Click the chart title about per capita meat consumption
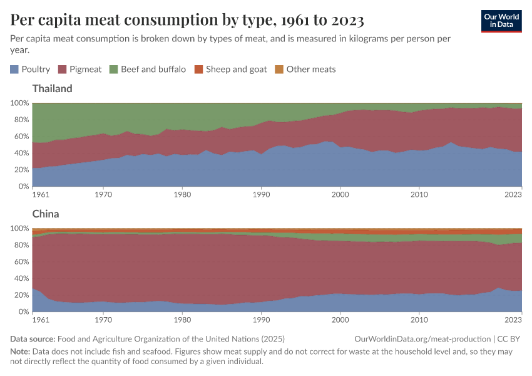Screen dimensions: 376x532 click(x=187, y=20)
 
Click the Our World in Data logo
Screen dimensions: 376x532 click(x=501, y=20)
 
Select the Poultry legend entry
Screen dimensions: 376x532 click(x=30, y=70)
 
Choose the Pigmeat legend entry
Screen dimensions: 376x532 click(x=80, y=70)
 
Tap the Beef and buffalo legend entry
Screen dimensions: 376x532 click(x=148, y=70)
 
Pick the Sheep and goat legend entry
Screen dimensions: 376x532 click(x=231, y=70)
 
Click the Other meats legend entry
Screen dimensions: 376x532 click(x=305, y=70)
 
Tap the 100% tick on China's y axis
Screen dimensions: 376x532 click(x=19, y=228)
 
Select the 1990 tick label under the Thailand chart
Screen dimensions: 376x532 click(x=261, y=195)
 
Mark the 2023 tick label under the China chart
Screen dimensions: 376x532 click(x=513, y=320)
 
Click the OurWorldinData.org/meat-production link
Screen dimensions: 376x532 click(x=421, y=338)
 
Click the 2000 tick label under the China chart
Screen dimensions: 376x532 click(x=340, y=320)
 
